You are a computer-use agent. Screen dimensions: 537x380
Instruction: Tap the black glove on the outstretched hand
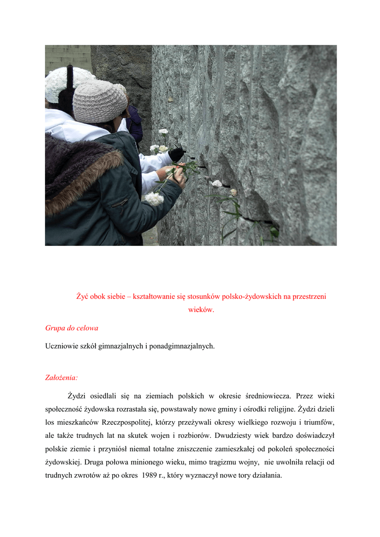[x=177, y=154]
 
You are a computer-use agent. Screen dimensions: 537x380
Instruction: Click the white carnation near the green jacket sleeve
[x=154, y=199]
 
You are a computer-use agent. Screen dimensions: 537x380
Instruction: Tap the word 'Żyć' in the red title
[x=82, y=296]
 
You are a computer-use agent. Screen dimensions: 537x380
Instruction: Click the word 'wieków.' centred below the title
[x=201, y=310]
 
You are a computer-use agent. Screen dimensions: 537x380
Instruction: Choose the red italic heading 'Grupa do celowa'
[x=72, y=328]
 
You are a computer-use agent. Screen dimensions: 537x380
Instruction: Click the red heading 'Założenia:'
[x=61, y=377]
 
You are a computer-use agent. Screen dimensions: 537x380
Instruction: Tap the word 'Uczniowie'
[x=60, y=346]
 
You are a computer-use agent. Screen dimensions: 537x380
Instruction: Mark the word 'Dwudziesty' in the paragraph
[x=233, y=436]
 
